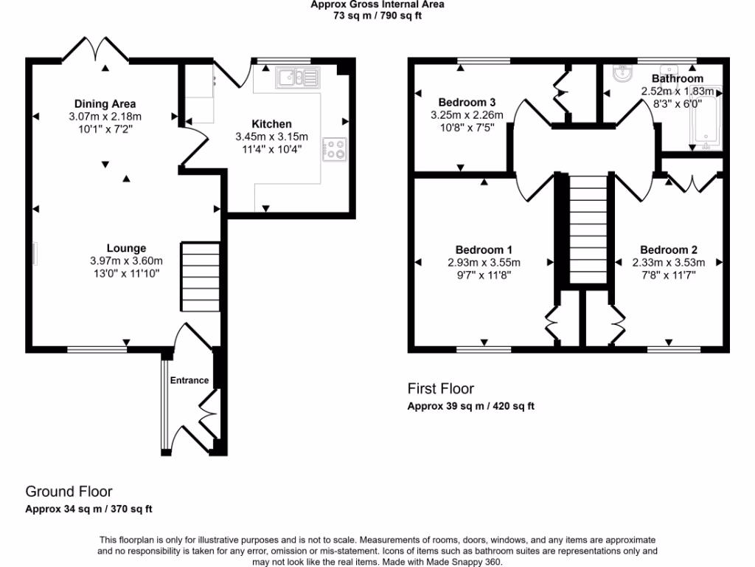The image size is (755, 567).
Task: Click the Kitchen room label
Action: (x=272, y=124)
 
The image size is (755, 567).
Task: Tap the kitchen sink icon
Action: (x=298, y=77)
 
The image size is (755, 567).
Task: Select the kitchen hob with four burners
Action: (x=334, y=150)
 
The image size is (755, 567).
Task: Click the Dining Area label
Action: (x=105, y=103)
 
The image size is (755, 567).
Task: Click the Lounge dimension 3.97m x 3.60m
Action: (x=126, y=261)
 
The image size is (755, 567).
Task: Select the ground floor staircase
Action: (x=201, y=276)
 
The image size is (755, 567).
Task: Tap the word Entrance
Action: (x=189, y=380)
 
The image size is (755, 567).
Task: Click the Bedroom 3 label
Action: (x=467, y=102)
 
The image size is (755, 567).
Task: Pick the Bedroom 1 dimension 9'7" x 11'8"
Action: (x=484, y=275)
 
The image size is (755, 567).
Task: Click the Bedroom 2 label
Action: (x=669, y=250)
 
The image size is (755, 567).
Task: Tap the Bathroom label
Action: (x=678, y=78)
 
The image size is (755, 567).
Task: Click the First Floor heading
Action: (x=441, y=388)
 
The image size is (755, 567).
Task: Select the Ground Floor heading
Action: (x=69, y=491)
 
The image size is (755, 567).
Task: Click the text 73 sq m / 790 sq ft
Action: (x=377, y=16)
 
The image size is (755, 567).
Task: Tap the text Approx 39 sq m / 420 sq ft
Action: (x=471, y=406)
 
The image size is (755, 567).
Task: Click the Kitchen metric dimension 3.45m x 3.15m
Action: (x=272, y=137)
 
